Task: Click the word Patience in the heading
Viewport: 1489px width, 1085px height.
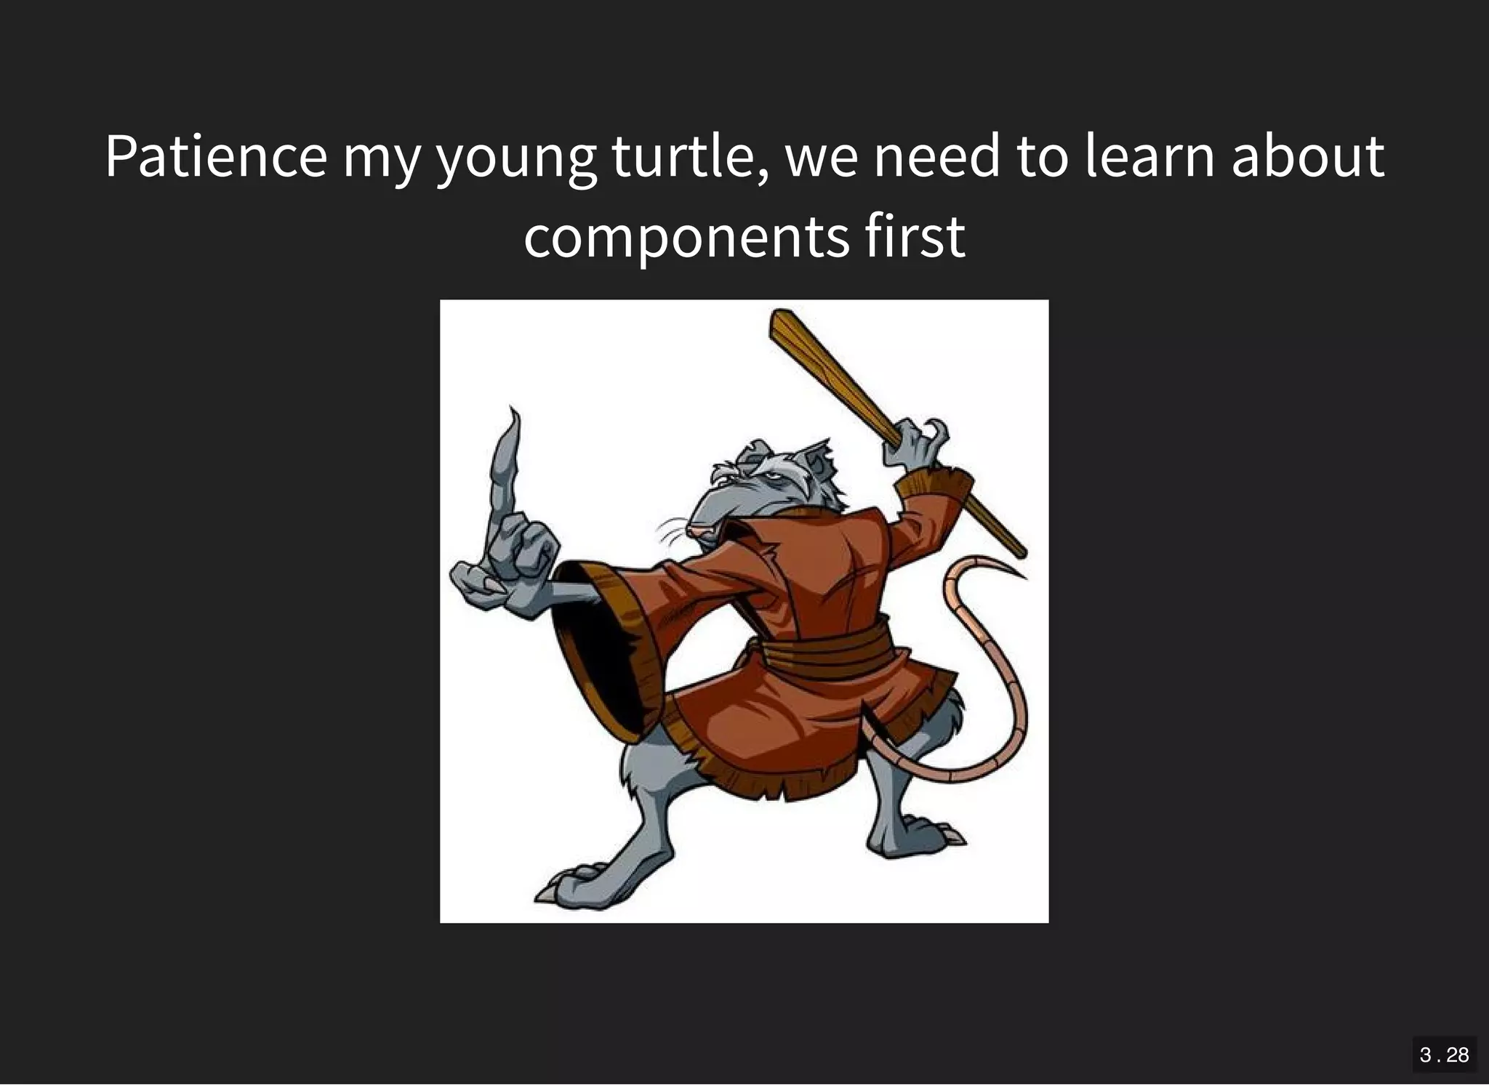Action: coord(216,157)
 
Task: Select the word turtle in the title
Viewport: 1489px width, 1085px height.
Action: coord(689,157)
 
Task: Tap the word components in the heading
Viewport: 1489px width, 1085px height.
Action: coord(686,237)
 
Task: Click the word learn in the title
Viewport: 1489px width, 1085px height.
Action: coord(1149,157)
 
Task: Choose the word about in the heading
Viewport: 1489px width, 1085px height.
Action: coord(1307,157)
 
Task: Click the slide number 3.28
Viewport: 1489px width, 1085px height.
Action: coord(1444,1054)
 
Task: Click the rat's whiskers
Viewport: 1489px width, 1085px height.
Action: coord(673,534)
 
